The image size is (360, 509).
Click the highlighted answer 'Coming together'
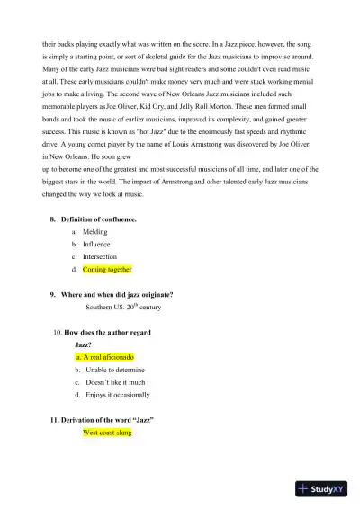107,269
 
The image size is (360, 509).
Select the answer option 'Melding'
95,231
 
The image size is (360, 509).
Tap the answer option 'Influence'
96,244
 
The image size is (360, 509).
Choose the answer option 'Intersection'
100,256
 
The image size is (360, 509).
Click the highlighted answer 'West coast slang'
107,433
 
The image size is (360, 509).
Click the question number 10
59,333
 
